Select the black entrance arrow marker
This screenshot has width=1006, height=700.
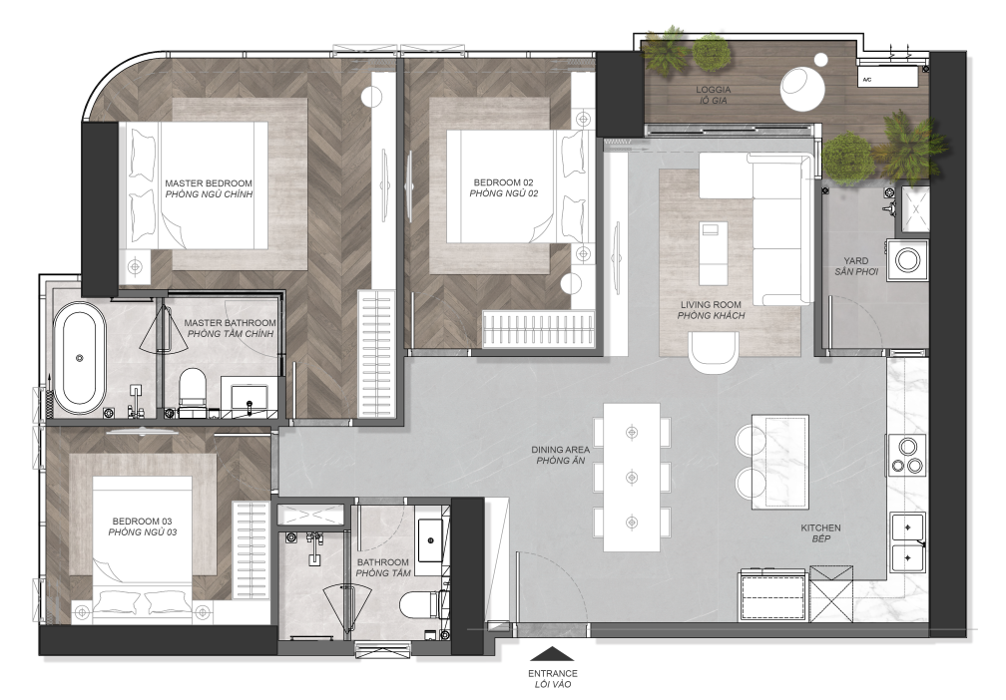(x=553, y=654)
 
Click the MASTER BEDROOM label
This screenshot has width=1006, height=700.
(x=209, y=183)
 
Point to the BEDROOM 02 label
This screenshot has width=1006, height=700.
(x=504, y=182)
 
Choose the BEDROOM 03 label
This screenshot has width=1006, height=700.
(x=142, y=522)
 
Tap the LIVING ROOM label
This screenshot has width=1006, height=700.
(x=711, y=304)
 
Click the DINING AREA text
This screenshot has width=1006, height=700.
(x=560, y=450)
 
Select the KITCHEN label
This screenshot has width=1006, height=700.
(x=820, y=528)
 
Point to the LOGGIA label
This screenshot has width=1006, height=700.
(x=714, y=90)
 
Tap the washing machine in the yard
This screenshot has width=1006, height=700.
(x=907, y=260)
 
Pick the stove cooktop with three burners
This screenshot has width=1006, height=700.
(x=907, y=455)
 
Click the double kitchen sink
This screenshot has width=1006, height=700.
(x=908, y=542)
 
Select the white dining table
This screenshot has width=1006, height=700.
(x=632, y=477)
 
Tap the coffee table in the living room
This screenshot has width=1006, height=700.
(x=715, y=253)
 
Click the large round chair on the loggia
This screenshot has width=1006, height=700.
(x=802, y=90)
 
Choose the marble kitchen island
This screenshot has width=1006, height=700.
(x=779, y=463)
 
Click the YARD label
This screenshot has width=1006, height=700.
(x=856, y=261)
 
